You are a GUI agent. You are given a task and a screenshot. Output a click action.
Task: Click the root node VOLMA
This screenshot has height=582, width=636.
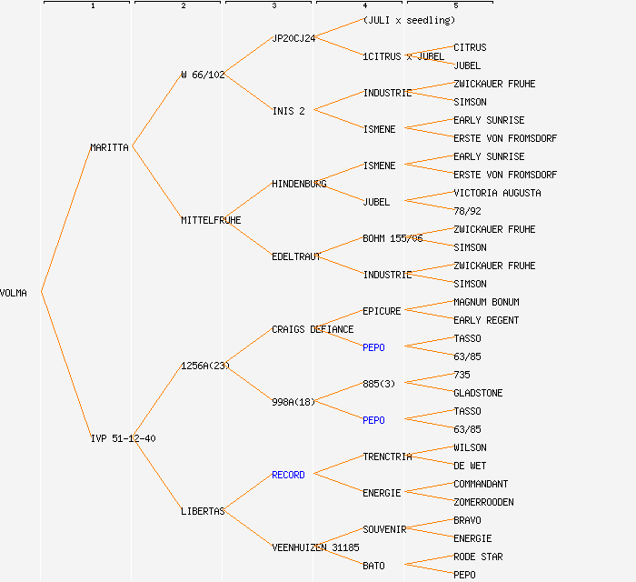click(14, 293)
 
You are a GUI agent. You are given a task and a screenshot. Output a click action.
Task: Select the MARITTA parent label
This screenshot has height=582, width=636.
click(110, 147)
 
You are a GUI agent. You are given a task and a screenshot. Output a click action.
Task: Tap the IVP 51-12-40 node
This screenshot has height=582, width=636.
click(123, 438)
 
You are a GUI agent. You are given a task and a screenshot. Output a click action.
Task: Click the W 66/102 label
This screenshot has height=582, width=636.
click(203, 75)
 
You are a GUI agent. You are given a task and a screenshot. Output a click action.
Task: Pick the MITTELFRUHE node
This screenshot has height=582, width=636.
click(211, 220)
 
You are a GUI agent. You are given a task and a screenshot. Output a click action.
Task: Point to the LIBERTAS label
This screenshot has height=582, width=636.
click(203, 511)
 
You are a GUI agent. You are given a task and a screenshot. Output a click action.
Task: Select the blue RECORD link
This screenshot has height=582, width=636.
click(288, 475)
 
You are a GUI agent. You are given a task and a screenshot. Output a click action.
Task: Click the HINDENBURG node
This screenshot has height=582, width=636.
click(299, 184)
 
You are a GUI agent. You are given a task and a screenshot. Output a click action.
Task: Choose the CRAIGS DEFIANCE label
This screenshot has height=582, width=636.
click(313, 329)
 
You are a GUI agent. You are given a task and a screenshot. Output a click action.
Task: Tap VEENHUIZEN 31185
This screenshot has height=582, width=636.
click(315, 547)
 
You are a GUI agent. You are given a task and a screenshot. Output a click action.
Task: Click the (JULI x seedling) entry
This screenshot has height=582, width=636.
click(409, 20)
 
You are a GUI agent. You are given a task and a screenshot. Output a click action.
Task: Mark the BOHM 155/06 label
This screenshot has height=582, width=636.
click(393, 238)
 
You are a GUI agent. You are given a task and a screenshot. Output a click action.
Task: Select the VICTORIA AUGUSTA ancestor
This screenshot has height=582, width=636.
click(497, 193)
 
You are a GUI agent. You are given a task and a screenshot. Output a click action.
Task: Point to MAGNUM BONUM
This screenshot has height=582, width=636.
click(486, 302)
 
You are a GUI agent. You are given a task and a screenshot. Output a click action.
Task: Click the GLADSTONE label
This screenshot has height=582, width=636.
click(478, 393)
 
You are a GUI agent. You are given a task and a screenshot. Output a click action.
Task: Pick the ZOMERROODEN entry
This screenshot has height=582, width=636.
click(483, 502)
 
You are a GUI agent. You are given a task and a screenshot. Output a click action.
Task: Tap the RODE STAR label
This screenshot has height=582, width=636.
click(478, 557)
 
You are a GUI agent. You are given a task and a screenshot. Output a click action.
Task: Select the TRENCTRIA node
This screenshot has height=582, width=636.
click(387, 457)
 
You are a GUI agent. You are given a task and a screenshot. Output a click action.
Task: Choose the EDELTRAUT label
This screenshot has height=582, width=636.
click(296, 256)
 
